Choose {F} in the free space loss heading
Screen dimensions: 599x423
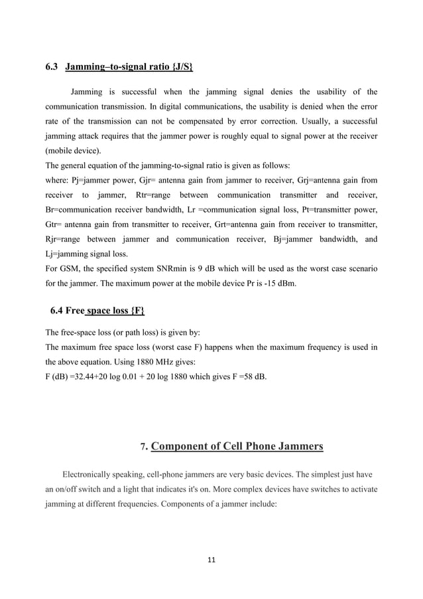point(137,311)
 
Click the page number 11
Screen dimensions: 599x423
point(211,560)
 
